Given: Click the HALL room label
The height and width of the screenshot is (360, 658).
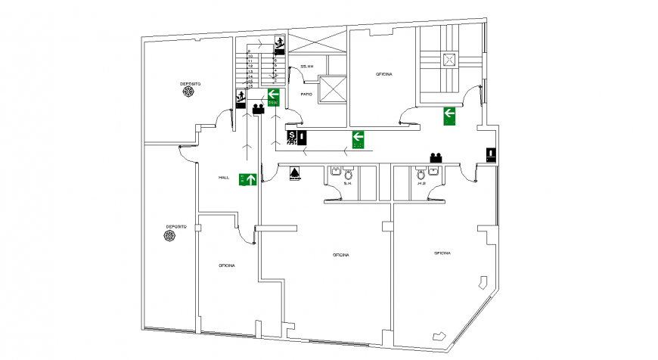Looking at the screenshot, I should tap(224, 177).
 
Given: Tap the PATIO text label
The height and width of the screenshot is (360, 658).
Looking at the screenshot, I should tap(306, 94).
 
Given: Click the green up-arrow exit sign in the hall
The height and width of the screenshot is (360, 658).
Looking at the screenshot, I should tap(247, 179).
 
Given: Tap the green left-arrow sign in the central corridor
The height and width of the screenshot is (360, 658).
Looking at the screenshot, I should tap(358, 138).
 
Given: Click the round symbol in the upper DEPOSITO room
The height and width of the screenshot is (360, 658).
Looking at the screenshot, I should tap(188, 92).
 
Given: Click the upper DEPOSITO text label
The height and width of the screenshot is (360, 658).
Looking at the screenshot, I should tap(189, 82).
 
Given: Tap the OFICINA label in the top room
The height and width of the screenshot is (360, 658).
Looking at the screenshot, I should tap(385, 74).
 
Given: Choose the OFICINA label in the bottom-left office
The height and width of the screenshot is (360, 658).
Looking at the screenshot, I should tap(226, 265).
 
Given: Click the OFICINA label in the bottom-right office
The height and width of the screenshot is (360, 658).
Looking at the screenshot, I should tap(443, 253).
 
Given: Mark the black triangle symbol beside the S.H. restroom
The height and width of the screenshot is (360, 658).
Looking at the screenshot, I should tap(294, 175).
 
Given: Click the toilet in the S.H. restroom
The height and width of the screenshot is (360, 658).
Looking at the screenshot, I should tap(348, 173).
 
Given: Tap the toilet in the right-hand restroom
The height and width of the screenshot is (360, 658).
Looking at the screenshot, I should tap(421, 173).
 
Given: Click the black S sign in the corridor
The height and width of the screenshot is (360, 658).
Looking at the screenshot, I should tap(293, 137).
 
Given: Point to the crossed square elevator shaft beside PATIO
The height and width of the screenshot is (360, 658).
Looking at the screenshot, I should tap(333, 89).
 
